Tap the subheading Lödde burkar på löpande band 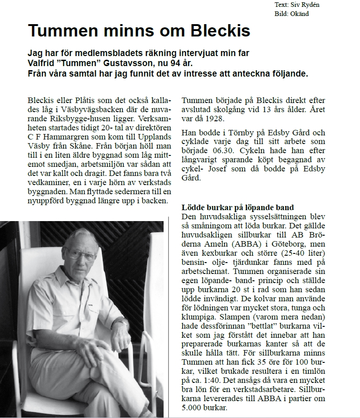pyautogui.click(x=237, y=208)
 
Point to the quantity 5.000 pyautogui.click(x=192, y=408)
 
